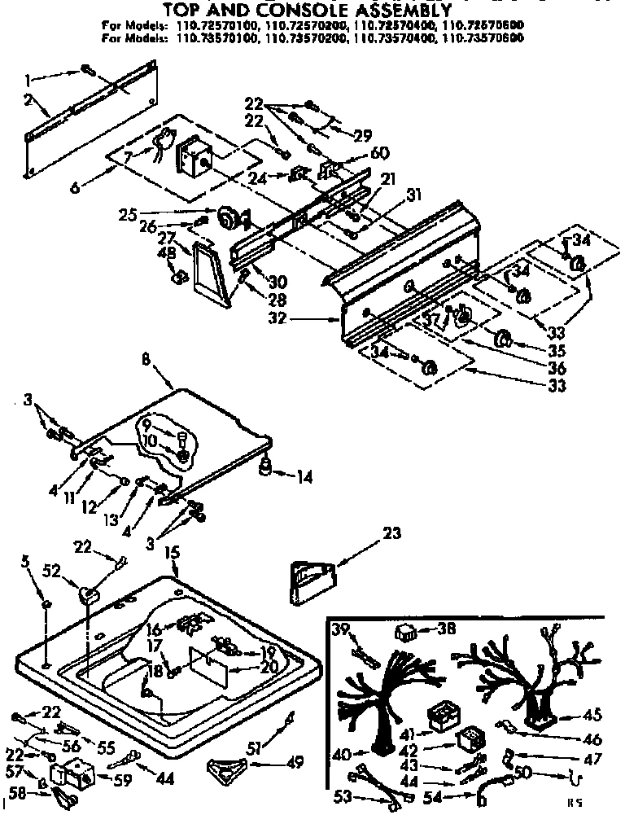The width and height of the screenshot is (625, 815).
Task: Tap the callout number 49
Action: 295,763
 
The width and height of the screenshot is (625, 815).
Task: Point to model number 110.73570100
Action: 212,37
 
